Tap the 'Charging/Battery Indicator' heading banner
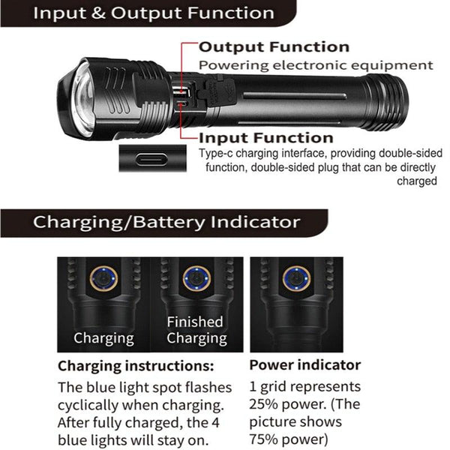coord(166,222)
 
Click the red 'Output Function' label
coord(274,47)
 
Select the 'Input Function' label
coord(265,137)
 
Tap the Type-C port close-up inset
coord(153,159)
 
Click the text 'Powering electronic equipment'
coord(316,65)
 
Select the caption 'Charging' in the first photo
coord(103,338)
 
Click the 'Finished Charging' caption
coord(195,330)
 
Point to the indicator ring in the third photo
coord(295,278)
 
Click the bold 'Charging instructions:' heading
coord(136,366)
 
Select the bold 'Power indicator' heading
coord(304,366)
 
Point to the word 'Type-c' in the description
coord(217,153)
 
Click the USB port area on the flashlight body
coord(184,96)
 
